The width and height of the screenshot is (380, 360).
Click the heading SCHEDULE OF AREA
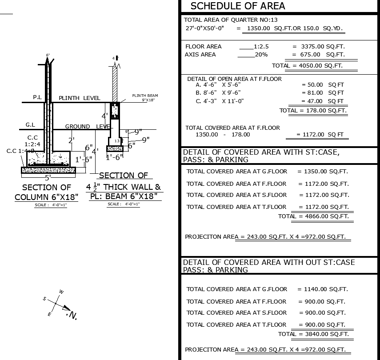(238, 6)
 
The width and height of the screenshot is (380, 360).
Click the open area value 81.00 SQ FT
(323, 93)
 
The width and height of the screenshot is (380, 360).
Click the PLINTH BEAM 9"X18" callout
(145, 98)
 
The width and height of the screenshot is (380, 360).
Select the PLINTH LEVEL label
(80, 98)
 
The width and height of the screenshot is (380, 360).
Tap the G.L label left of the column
(30, 125)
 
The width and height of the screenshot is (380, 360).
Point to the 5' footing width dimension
(48, 177)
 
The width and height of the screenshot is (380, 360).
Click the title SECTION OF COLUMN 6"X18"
(47, 192)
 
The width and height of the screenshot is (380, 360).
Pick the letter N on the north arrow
(73, 316)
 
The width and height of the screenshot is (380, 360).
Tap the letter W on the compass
(61, 292)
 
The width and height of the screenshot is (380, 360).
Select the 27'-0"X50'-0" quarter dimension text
(205, 28)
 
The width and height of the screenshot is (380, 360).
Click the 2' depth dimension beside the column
(71, 140)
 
